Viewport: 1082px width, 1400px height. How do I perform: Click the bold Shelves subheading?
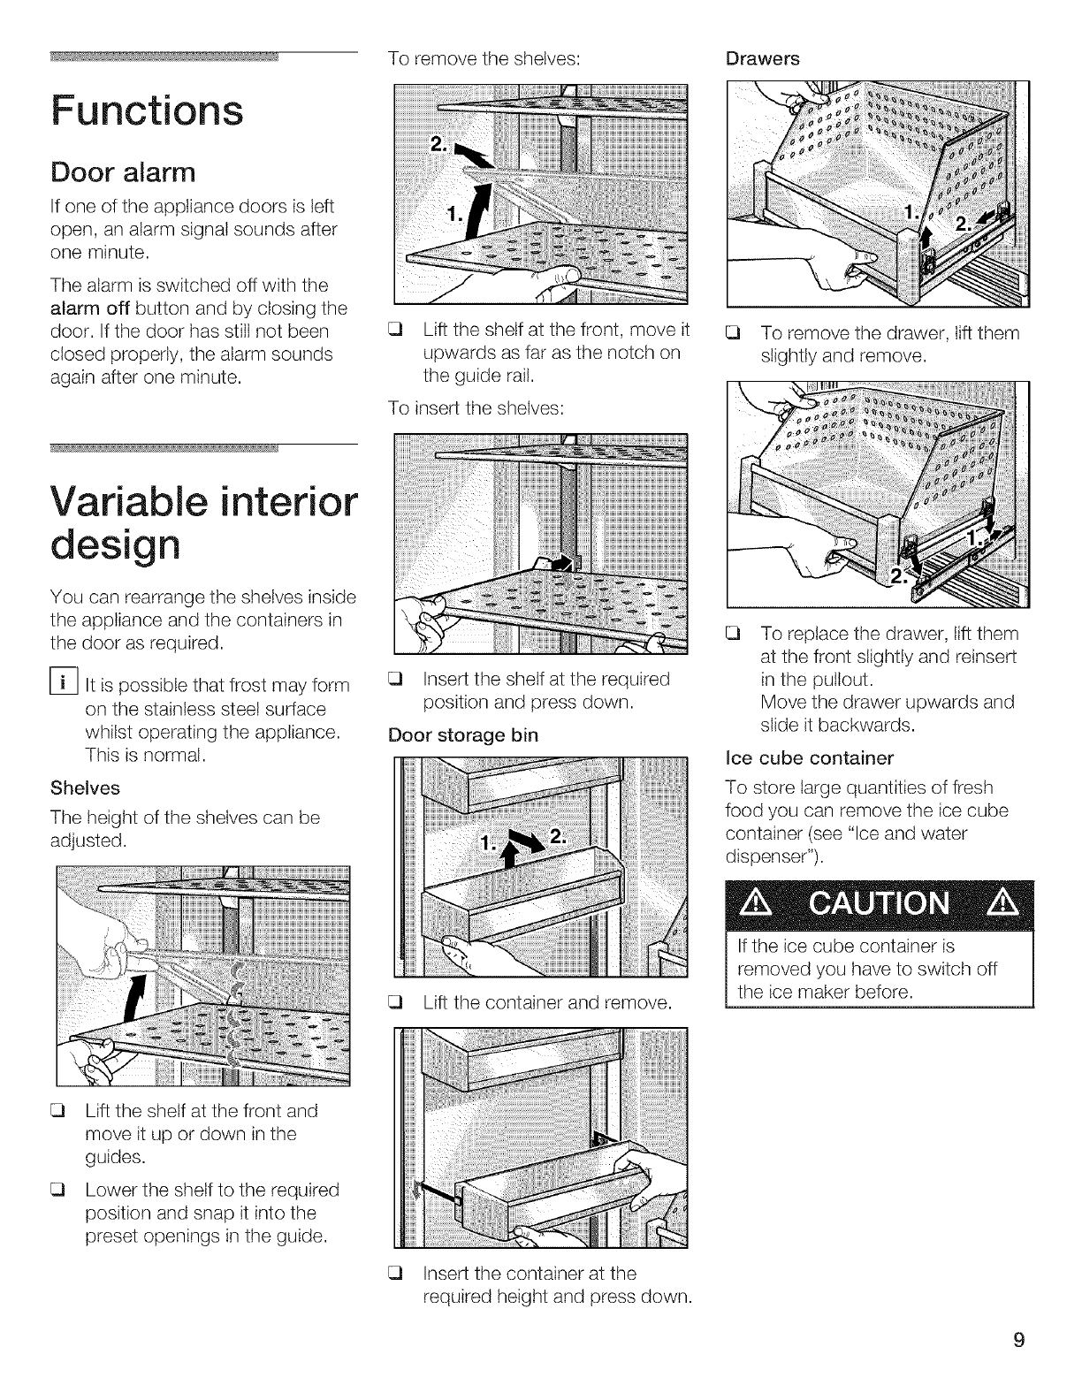85,787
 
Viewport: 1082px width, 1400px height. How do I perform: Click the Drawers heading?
762,58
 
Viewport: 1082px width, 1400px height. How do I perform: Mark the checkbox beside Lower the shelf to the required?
62,1191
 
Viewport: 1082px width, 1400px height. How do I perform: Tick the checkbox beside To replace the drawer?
731,634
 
